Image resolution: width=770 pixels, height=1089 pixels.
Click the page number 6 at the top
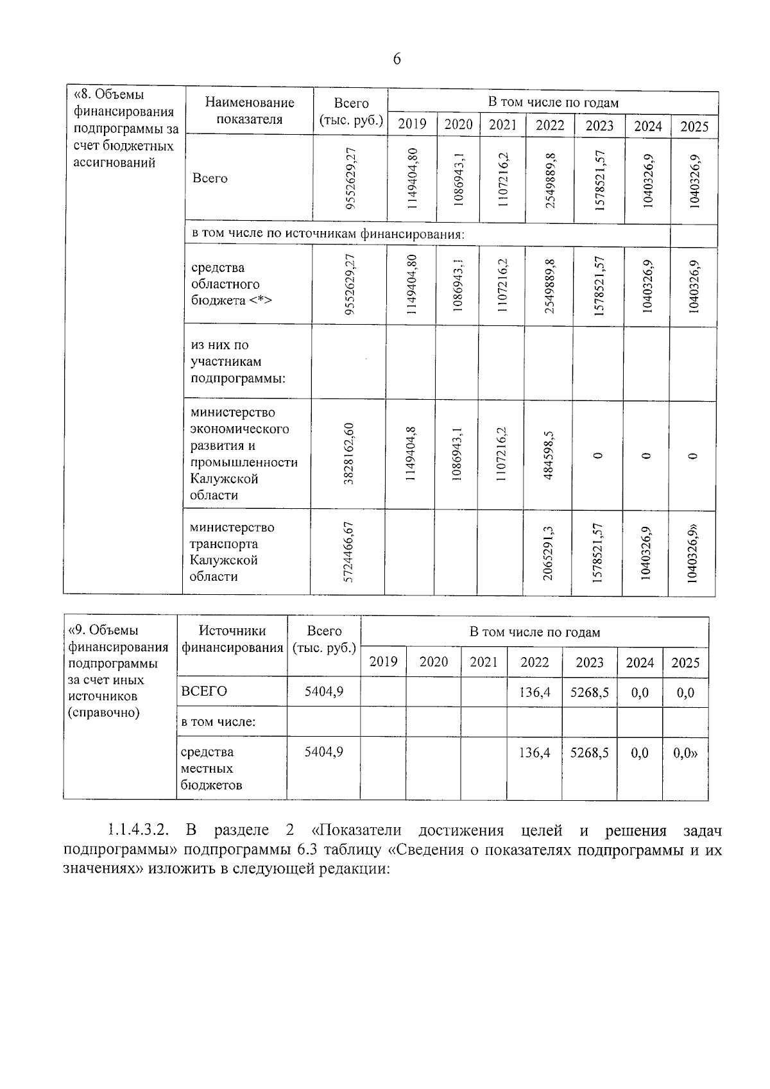click(396, 60)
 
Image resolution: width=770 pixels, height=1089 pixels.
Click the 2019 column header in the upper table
click(412, 124)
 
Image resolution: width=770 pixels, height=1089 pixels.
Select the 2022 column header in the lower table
click(534, 662)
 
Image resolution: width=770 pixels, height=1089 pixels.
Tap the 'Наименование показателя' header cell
click(249, 111)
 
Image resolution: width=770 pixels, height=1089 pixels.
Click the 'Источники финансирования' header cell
click(232, 639)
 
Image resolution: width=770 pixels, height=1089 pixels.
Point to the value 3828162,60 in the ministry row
click(349, 454)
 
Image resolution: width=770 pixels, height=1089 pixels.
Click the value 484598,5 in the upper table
click(549, 454)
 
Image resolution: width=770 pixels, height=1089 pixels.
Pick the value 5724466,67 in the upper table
click(348, 552)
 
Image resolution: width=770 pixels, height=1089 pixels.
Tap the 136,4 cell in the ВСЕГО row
click(534, 692)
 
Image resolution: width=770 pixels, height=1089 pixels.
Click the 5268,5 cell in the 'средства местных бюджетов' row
click(589, 752)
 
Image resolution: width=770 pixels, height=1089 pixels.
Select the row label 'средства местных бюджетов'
click(212, 768)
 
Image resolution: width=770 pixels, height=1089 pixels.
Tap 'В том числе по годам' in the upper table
click(552, 103)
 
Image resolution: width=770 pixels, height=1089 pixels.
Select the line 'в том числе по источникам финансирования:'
click(327, 234)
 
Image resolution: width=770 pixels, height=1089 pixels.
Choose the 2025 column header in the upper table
click(694, 126)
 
